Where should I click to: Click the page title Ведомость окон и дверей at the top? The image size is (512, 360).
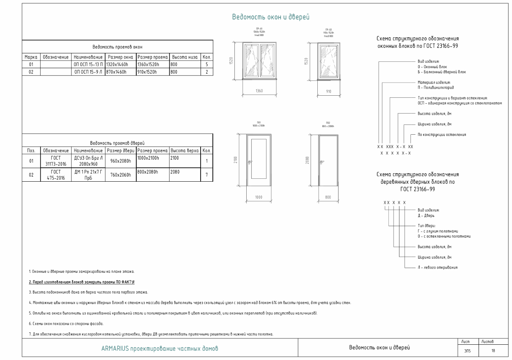coord(271,17)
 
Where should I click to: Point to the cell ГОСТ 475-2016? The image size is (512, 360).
coord(56,174)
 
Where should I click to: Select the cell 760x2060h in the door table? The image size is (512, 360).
coord(121,174)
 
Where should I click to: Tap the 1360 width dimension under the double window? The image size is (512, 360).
coord(260,91)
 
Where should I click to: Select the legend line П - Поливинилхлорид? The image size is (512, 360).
coord(434,87)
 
